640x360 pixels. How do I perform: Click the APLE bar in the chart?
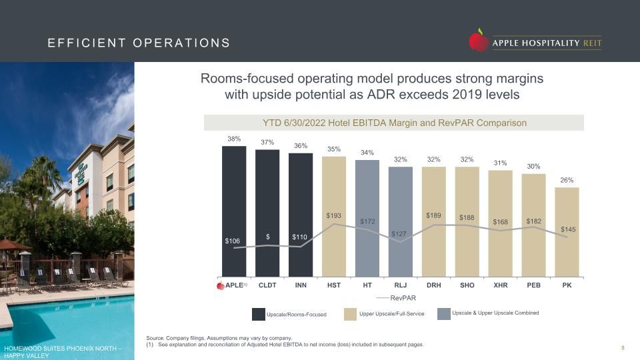click(x=234, y=211)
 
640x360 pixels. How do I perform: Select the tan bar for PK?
click(x=567, y=232)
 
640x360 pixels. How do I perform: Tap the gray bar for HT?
click(x=367, y=219)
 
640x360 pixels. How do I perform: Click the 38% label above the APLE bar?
click(x=234, y=139)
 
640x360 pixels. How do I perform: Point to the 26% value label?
click(x=567, y=180)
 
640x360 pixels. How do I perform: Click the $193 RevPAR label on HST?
click(x=334, y=215)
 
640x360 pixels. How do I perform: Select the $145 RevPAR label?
click(x=568, y=229)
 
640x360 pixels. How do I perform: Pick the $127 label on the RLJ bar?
click(x=399, y=234)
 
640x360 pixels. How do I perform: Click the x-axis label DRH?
click(x=434, y=285)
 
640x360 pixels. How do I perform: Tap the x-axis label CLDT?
click(x=267, y=285)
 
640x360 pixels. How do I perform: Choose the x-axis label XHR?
click(x=501, y=285)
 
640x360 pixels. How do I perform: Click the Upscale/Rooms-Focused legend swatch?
click(x=259, y=314)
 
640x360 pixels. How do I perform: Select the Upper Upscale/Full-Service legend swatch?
click(x=350, y=314)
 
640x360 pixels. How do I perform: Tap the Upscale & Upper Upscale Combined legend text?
click(x=495, y=313)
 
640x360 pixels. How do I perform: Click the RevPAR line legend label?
click(x=403, y=298)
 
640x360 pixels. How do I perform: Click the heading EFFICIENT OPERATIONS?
click(x=139, y=43)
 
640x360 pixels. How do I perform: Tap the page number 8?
click(x=623, y=348)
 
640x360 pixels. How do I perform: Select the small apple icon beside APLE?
click(x=221, y=285)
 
